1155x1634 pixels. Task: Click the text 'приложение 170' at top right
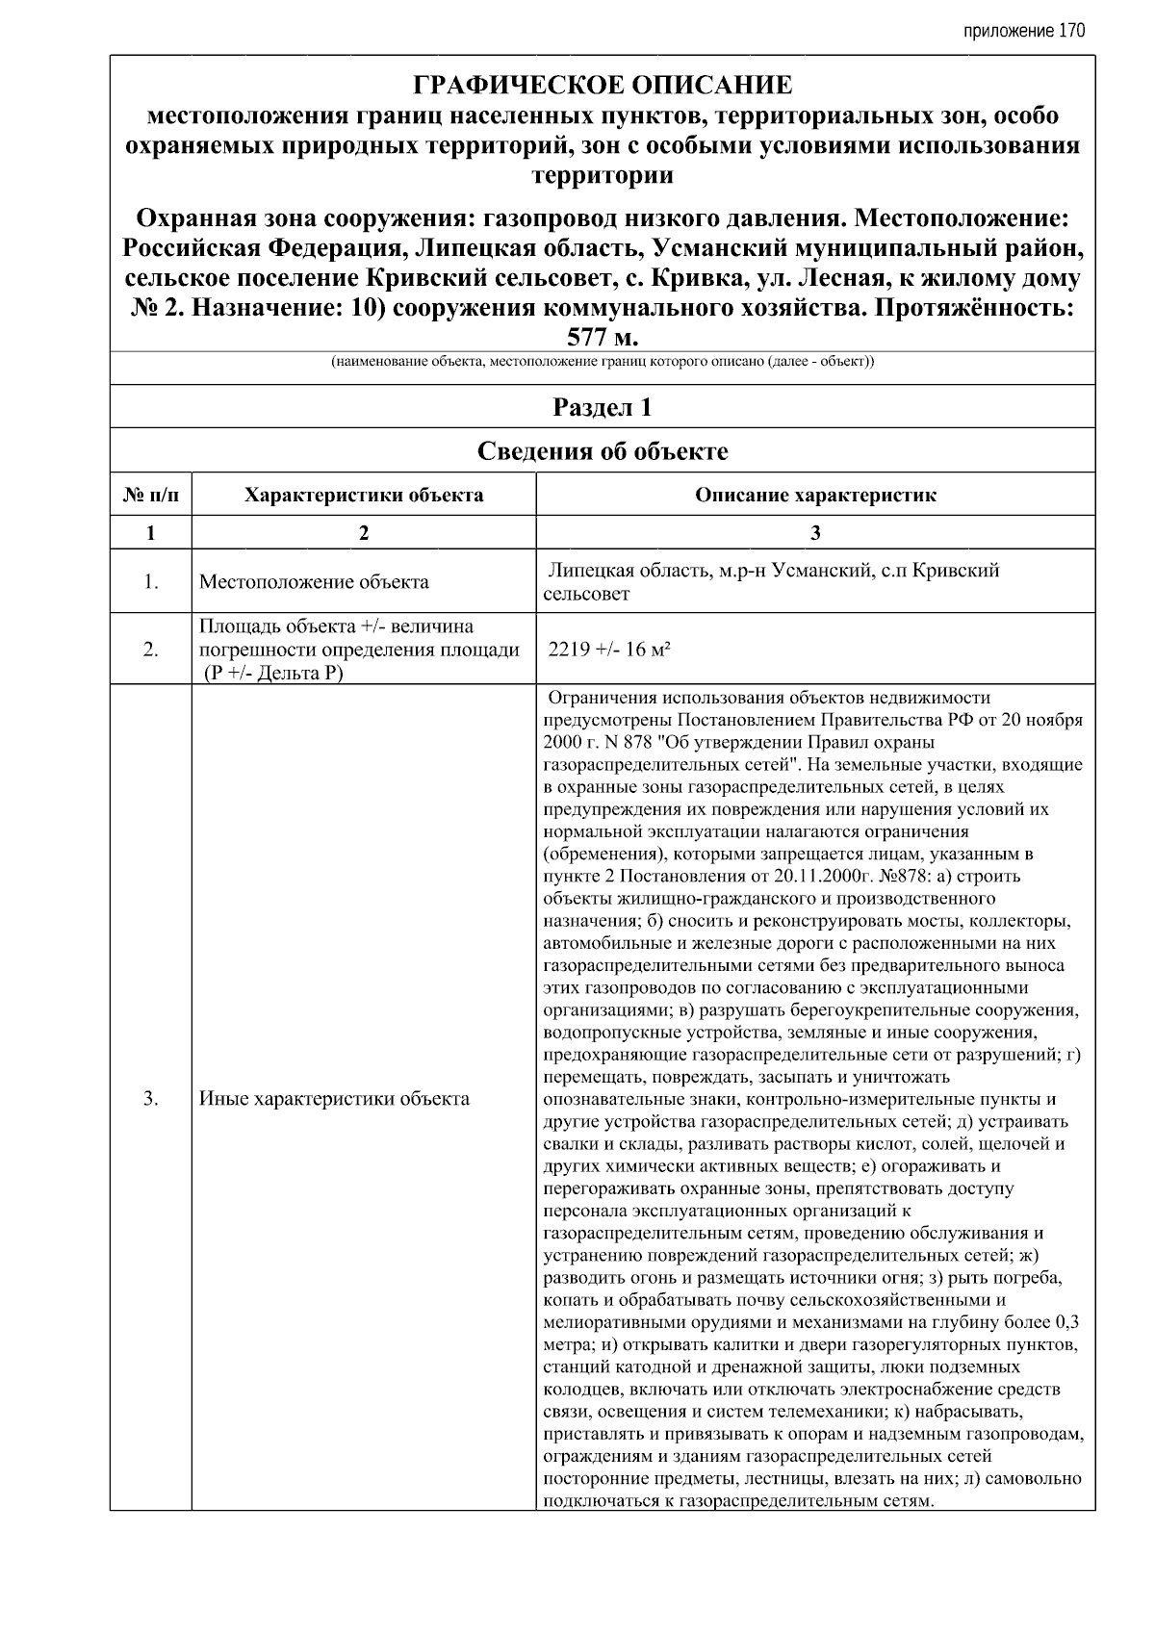[1023, 31]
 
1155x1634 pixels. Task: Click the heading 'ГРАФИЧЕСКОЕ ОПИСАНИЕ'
[603, 86]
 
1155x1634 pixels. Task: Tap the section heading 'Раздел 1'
[603, 407]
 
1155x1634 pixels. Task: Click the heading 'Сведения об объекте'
[603, 451]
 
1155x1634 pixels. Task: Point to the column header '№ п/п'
[151, 496]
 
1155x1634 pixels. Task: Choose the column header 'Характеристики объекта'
[364, 496]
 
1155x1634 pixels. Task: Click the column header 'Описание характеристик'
[815, 496]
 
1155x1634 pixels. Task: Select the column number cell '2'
[364, 533]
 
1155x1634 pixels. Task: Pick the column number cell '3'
[815, 533]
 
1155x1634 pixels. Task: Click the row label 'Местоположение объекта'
[314, 582]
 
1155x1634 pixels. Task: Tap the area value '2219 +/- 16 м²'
[608, 650]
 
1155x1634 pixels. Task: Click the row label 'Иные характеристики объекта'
[334, 1098]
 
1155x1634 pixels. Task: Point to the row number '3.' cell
[151, 1098]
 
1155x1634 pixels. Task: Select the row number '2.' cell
[151, 650]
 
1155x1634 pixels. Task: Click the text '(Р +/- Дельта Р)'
[272, 673]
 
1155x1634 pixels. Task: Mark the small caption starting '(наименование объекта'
[603, 363]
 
